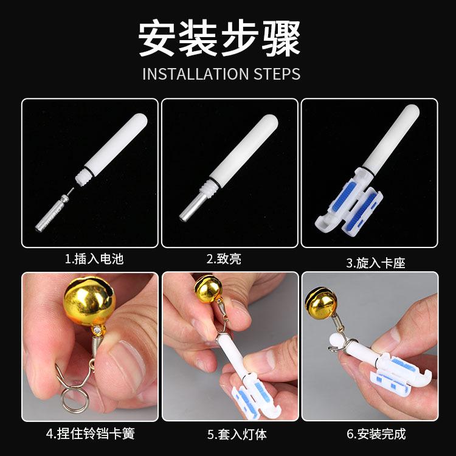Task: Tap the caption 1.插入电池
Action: (94, 259)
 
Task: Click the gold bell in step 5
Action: (208, 289)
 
